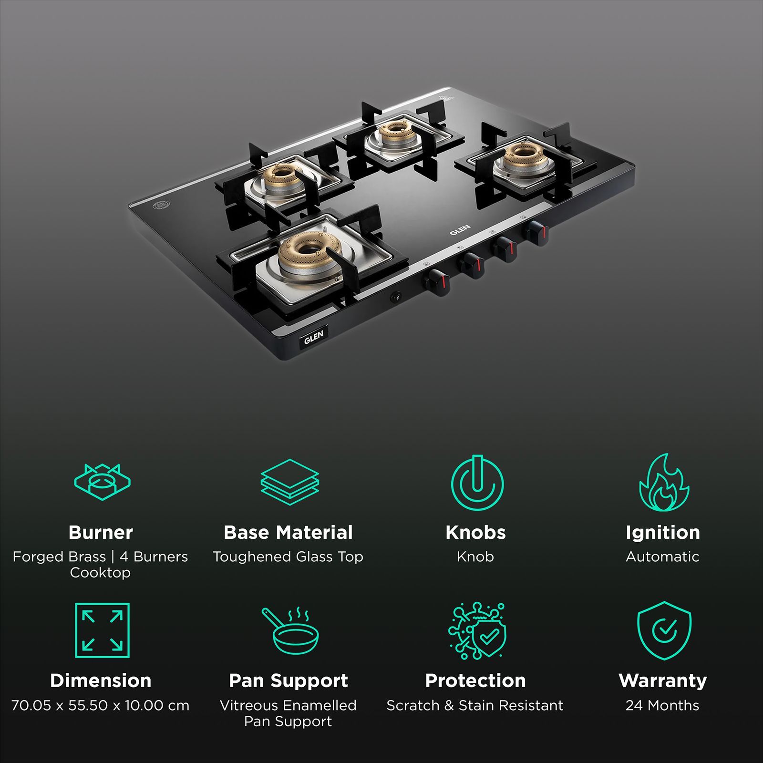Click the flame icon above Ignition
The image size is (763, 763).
664,483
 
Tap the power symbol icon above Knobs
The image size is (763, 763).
476,483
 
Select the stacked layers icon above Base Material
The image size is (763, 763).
289,482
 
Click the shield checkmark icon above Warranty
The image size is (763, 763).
664,630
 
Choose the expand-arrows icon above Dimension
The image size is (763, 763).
102,630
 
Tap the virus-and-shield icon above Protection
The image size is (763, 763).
476,631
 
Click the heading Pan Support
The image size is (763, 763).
289,681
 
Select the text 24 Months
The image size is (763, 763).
662,705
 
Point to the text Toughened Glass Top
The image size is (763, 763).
288,557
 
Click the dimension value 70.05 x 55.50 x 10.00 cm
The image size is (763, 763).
100,705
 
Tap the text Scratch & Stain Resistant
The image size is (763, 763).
475,705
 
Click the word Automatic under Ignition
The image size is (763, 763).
662,557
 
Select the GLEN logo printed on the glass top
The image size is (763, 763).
460,229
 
